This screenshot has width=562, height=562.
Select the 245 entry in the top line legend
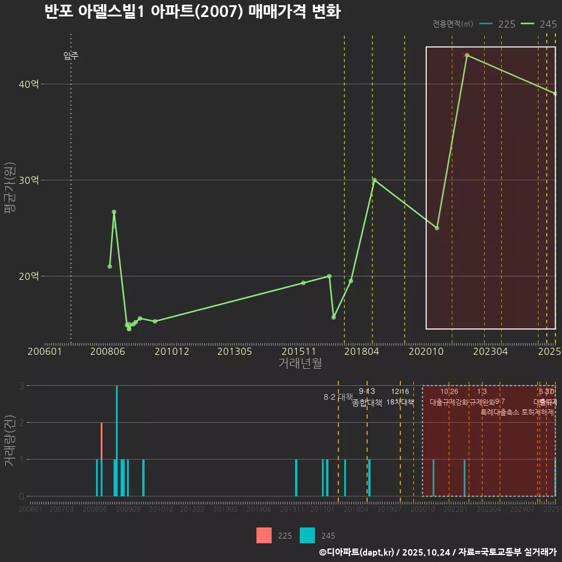click(x=539, y=24)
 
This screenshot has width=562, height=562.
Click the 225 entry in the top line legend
click(x=498, y=24)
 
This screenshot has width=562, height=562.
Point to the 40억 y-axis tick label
click(x=29, y=84)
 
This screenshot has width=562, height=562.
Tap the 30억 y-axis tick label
click(x=29, y=180)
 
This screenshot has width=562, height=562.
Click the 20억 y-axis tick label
click(x=29, y=276)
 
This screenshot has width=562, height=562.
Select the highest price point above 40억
click(x=467, y=55)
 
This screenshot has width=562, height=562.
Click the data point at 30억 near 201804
click(x=374, y=180)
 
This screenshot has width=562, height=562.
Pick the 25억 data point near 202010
click(x=437, y=228)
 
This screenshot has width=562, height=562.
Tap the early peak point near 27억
click(x=114, y=212)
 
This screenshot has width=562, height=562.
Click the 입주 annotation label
click(x=71, y=56)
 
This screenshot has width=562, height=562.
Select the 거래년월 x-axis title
click(x=300, y=364)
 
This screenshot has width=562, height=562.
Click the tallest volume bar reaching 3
click(x=117, y=440)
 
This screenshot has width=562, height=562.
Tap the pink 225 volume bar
click(x=101, y=459)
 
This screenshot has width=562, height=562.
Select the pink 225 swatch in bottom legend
click(x=264, y=536)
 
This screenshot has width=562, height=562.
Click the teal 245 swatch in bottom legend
click(x=307, y=536)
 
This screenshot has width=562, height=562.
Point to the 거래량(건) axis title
click(x=10, y=441)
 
